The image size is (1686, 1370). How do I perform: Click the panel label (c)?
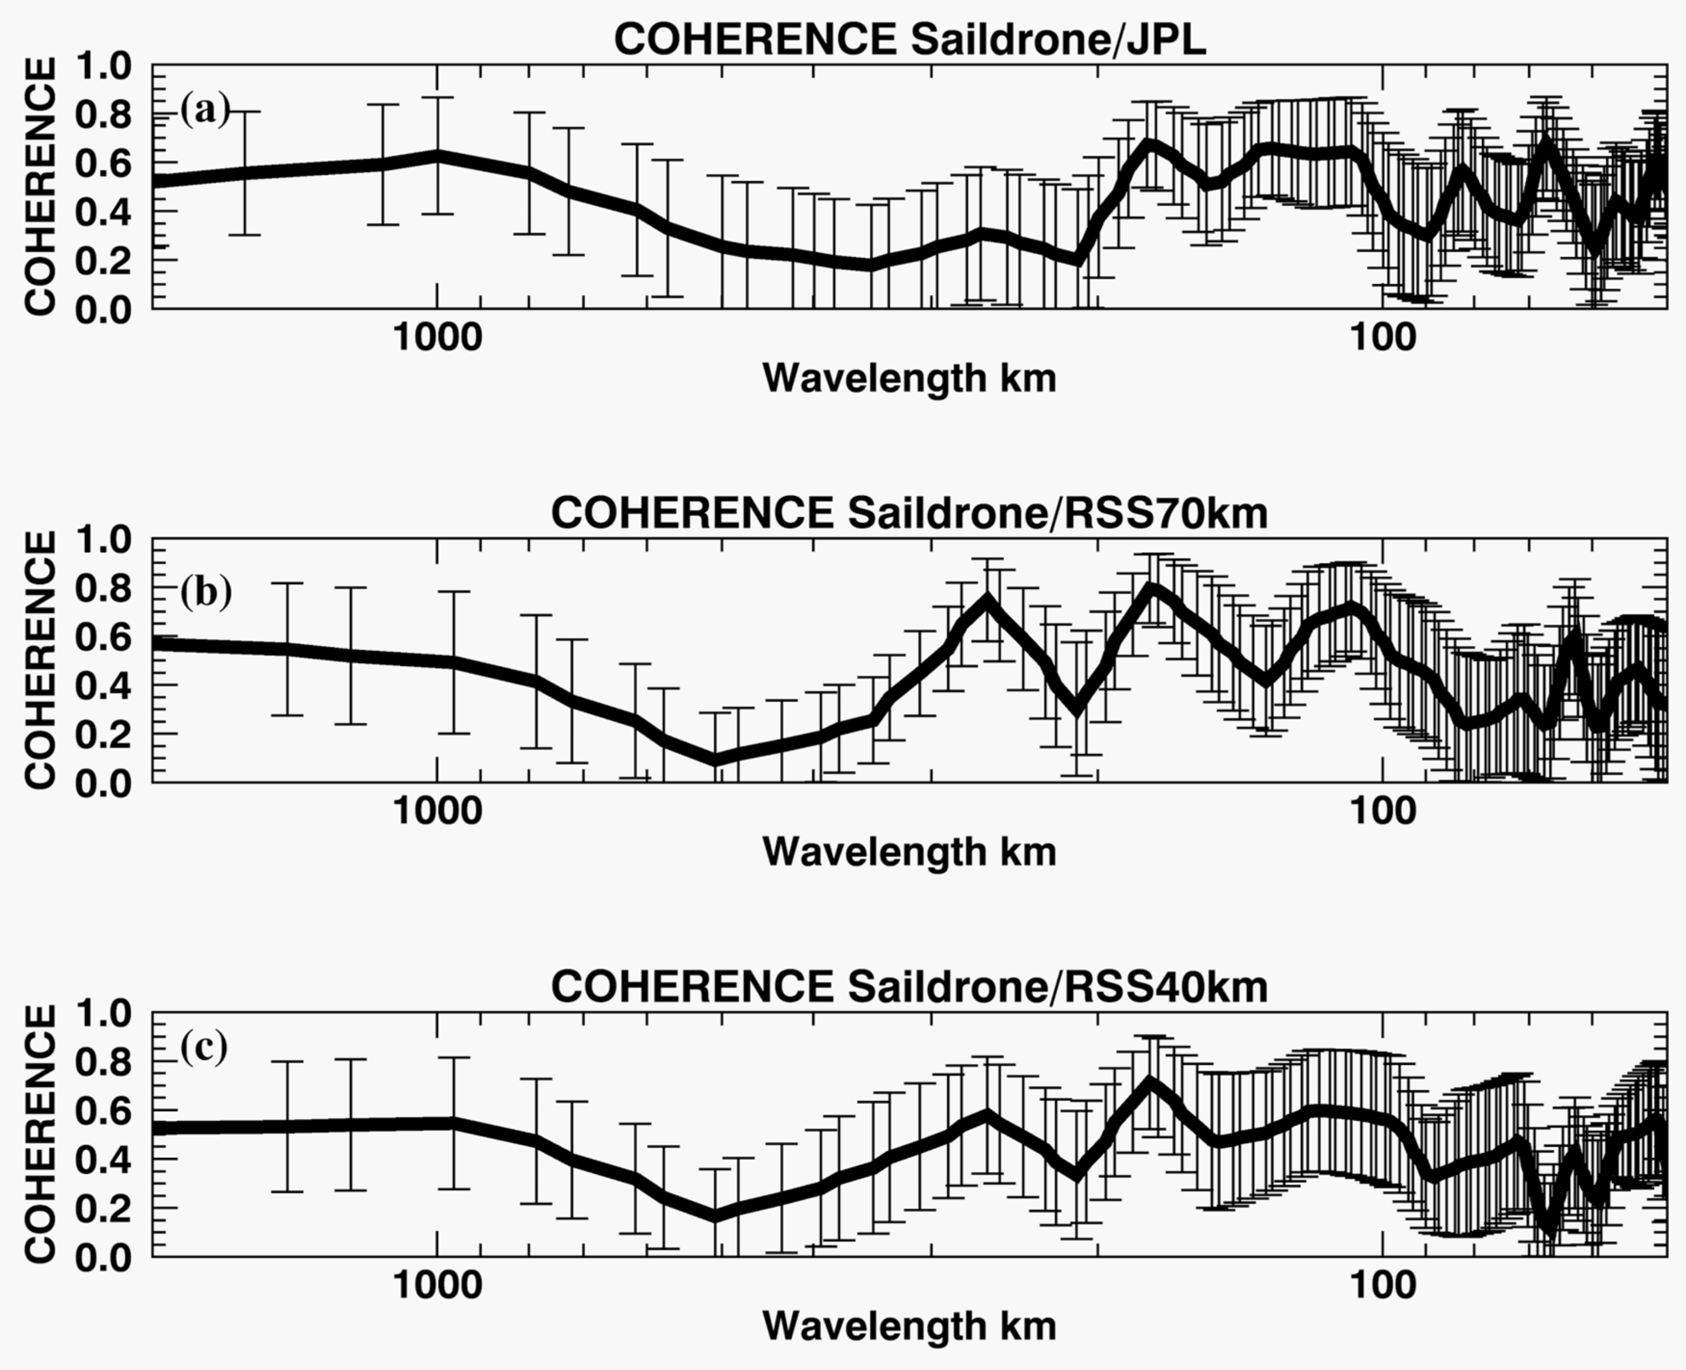coord(204,1047)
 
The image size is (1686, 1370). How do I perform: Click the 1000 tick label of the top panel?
coord(437,338)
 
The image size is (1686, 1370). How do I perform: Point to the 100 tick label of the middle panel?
coord(1383,811)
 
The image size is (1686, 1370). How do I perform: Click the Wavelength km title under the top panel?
coord(909,379)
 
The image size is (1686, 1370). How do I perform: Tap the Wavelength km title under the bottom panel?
coord(909,1327)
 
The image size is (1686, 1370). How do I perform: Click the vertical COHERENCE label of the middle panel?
coord(40,660)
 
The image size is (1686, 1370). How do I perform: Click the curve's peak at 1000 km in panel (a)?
coord(437,155)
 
